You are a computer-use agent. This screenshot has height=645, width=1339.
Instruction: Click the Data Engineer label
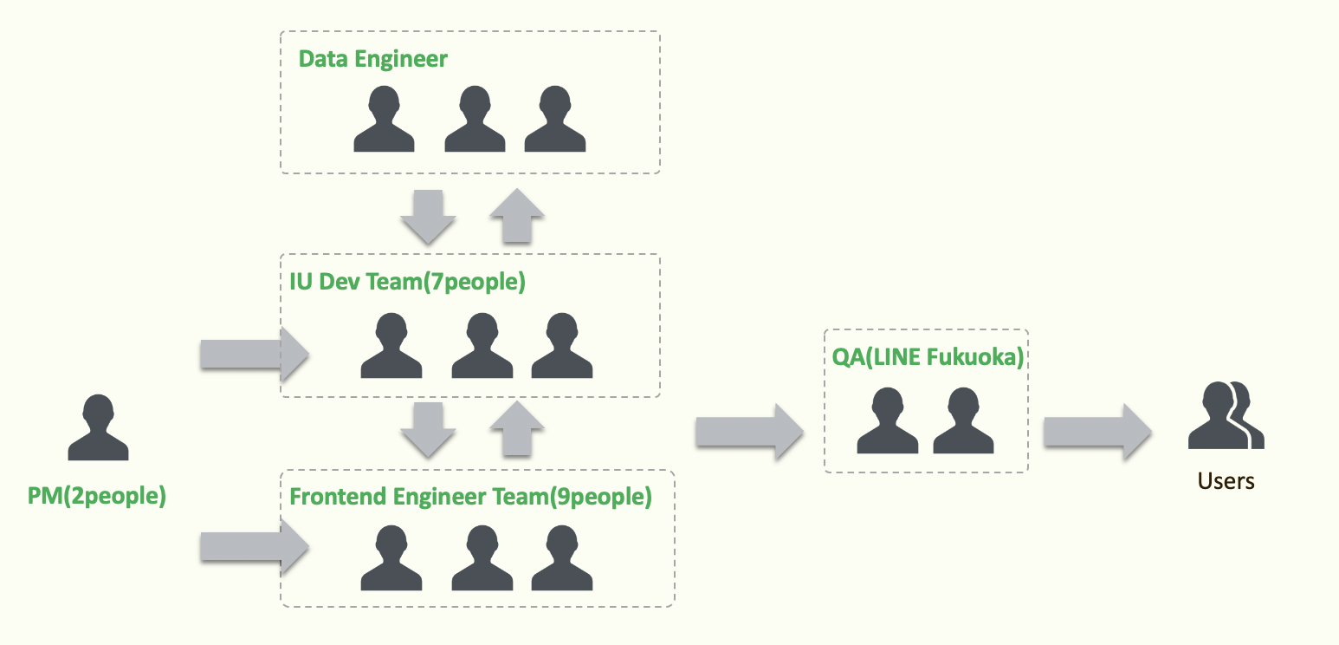coord(372,59)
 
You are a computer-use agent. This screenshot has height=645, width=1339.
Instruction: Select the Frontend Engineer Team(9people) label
coord(470,497)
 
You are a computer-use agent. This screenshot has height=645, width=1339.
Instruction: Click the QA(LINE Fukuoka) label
coord(925,356)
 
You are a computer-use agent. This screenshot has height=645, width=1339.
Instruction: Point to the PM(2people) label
coord(96,497)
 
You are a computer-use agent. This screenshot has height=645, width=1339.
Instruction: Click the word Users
coord(1226,480)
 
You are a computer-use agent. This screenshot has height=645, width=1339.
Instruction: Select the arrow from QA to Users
coord(1096,432)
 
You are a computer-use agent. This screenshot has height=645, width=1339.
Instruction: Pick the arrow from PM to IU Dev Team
coord(254,354)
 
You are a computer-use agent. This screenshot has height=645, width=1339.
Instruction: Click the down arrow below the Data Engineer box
coord(428,215)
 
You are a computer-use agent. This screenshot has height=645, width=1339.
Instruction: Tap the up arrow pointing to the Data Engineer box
coord(516,215)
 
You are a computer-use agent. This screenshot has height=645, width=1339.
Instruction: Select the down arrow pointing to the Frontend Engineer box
coord(428,429)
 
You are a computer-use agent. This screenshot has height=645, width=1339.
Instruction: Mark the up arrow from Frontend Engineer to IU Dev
coord(516,429)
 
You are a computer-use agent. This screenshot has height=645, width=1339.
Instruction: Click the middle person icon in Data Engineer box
coord(474,120)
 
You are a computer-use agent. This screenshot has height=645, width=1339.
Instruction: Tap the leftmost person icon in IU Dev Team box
coord(391,346)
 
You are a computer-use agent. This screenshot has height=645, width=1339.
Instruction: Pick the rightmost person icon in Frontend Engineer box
coord(561,558)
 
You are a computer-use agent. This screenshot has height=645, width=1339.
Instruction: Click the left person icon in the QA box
coord(887,421)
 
